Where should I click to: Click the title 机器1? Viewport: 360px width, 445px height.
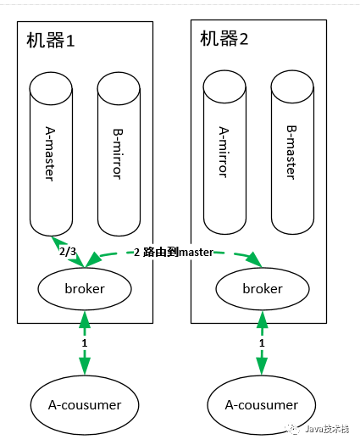51,40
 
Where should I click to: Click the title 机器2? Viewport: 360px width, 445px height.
224,39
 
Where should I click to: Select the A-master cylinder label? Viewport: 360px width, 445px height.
50,153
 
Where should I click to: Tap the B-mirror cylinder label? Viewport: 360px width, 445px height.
118,154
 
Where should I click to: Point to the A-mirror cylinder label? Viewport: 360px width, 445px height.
224,152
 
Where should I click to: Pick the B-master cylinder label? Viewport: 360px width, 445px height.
291,152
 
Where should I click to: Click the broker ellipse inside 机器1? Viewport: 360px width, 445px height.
85,289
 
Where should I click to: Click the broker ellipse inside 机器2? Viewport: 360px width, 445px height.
263,289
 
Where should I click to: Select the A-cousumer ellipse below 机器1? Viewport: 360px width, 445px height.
85,405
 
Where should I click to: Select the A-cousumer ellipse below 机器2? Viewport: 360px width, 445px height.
261,405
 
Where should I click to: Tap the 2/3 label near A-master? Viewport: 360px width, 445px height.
68,252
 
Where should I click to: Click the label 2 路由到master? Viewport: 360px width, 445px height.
174,252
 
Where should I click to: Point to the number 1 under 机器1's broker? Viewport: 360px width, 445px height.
84,343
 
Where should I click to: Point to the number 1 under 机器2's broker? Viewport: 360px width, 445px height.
262,343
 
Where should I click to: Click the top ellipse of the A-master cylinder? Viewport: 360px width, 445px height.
51,88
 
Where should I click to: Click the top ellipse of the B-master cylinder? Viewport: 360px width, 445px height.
292,86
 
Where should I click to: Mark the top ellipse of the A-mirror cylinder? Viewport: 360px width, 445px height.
224,86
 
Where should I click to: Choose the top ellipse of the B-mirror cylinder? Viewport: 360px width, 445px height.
119,88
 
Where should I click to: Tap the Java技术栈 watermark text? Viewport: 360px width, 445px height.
327,429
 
